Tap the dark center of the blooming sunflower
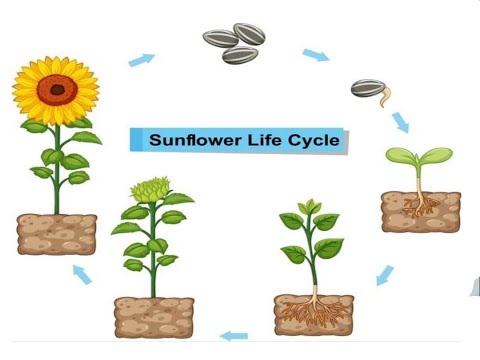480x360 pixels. (57, 89)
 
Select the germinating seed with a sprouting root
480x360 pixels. (370, 90)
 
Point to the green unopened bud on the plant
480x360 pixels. (150, 189)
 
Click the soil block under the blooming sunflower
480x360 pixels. (57, 234)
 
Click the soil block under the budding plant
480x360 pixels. (153, 316)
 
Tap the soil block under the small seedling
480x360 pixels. (420, 212)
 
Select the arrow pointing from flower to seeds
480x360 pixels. (142, 60)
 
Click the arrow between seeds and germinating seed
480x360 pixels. (315, 55)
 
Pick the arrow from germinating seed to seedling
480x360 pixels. (400, 121)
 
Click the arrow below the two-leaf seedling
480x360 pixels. (385, 273)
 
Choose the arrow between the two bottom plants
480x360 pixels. (233, 335)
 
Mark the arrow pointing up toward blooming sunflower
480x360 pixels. (83, 273)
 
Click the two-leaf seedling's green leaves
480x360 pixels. (419, 157)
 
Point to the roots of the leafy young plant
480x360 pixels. (313, 309)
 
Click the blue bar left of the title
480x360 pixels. (134, 140)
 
